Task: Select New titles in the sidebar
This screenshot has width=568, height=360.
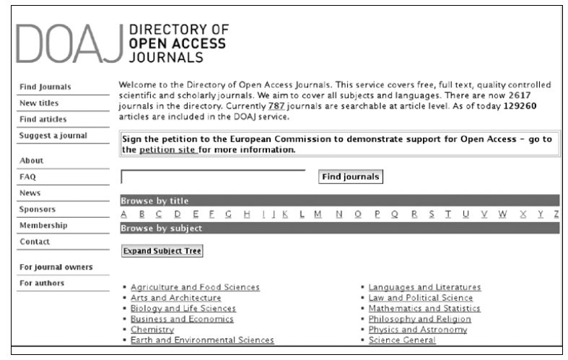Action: click(39, 103)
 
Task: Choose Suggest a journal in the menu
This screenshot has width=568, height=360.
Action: click(53, 136)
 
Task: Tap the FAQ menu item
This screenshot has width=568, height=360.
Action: click(28, 176)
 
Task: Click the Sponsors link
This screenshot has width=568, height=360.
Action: click(38, 209)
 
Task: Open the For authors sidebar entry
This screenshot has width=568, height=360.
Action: click(42, 283)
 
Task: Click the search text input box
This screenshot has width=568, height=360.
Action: click(213, 177)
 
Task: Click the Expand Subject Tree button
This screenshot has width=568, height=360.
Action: click(162, 251)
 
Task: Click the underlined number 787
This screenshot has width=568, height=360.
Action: click(277, 106)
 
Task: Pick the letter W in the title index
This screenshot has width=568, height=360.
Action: click(502, 214)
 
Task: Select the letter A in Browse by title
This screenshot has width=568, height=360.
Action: click(123, 214)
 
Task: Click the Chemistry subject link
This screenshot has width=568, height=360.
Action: click(152, 330)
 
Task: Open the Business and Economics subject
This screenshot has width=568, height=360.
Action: click(182, 319)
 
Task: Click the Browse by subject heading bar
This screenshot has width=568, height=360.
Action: click(339, 228)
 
